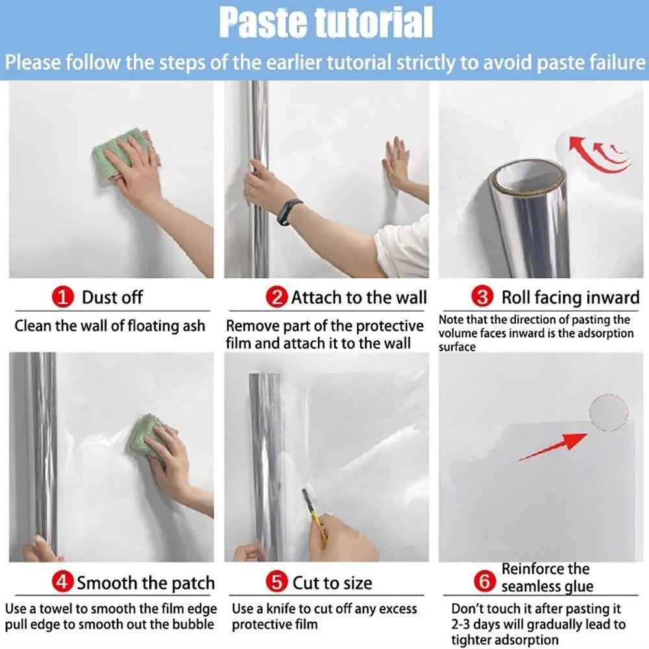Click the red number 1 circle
[x=63, y=298]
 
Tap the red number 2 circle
[x=276, y=298]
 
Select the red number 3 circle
[x=482, y=298]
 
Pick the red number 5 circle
[x=278, y=582]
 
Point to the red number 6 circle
[x=485, y=582]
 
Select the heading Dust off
[x=112, y=298]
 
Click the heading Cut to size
[x=332, y=582]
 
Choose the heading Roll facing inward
[x=570, y=298]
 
